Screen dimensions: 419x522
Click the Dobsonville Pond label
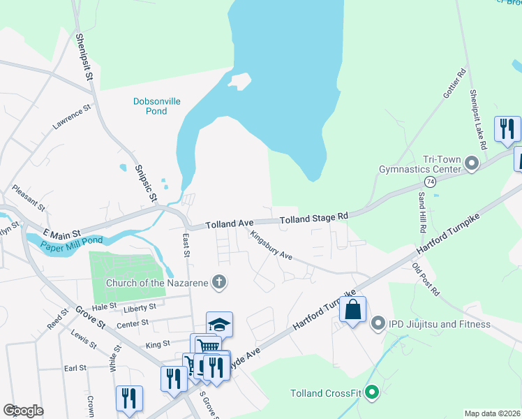tap(157, 106)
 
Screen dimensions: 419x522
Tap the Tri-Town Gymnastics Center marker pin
tap(472, 165)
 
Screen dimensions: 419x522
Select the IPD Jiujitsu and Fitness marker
tap(378, 323)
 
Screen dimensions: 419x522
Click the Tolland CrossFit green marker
tap(371, 392)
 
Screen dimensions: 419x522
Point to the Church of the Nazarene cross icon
tap(219, 282)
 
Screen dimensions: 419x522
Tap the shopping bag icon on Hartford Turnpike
tap(353, 309)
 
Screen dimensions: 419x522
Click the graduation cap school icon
tap(219, 324)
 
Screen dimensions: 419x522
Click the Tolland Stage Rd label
tap(313, 219)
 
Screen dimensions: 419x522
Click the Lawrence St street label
tap(72, 118)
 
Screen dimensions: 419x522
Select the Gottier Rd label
tap(453, 87)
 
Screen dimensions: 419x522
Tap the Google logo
tap(23, 411)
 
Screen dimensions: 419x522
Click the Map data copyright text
tap(492, 413)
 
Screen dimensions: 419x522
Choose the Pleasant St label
tap(29, 198)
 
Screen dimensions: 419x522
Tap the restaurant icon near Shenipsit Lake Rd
tap(507, 128)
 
